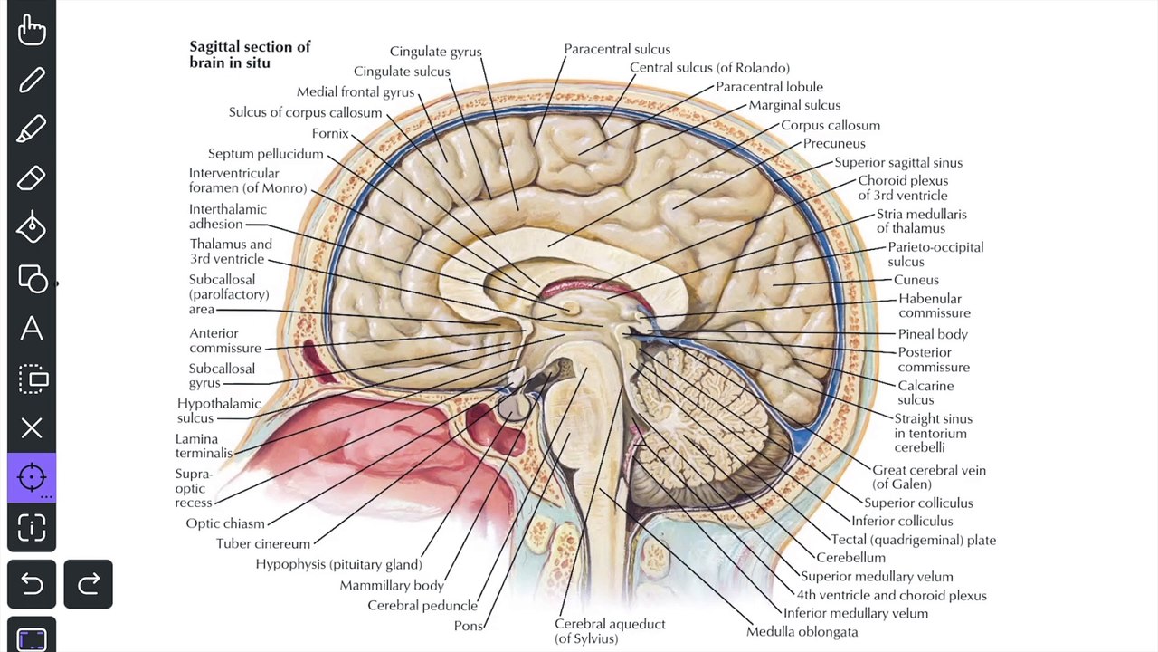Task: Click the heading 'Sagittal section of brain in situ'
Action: click(249, 54)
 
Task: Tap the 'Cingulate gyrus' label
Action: click(435, 52)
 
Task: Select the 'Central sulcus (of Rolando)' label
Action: click(709, 68)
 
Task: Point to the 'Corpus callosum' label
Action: click(830, 125)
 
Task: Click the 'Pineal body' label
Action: click(932, 334)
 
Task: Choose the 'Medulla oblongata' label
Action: click(802, 631)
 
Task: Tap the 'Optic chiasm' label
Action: click(225, 523)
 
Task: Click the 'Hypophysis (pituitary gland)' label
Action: click(338, 564)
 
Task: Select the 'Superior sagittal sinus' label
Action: click(897, 163)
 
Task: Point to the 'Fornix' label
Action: click(330, 133)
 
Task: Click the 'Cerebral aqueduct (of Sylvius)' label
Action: click(609, 630)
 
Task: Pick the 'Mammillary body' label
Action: click(392, 585)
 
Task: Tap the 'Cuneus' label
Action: click(916, 280)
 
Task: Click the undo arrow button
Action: click(32, 584)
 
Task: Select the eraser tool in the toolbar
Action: click(32, 178)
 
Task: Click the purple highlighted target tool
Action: click(32, 477)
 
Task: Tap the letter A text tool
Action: click(32, 328)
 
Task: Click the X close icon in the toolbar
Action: click(32, 427)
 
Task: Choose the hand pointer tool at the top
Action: click(32, 30)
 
